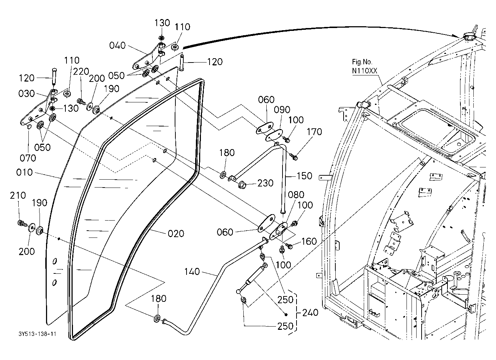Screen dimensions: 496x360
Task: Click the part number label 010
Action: tap(24, 172)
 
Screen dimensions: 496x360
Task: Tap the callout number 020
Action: tap(176, 234)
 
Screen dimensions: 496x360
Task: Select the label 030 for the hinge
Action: tap(27, 93)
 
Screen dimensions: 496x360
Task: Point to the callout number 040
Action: tap(118, 45)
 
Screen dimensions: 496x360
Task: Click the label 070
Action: tap(28, 158)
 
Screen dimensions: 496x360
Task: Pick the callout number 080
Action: tap(296, 195)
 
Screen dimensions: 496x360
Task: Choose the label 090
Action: tap(282, 110)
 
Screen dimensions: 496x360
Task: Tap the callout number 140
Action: tap(192, 272)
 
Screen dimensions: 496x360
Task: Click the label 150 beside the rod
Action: tap(304, 176)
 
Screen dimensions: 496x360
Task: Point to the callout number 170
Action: tap(314, 132)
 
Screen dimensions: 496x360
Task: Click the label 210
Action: tap(18, 195)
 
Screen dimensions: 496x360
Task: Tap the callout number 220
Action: tap(81, 71)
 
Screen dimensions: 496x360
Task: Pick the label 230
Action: tap(265, 183)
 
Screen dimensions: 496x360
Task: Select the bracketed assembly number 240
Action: tap(310, 313)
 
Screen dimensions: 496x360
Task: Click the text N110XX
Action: tap(364, 71)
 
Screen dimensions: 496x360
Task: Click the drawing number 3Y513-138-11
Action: tap(37, 334)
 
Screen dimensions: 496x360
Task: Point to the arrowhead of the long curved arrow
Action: tap(460, 36)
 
